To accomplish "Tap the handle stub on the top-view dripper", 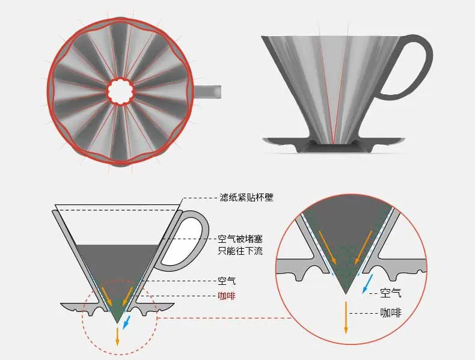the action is tap(207, 92).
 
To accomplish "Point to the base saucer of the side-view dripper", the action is tap(333, 144).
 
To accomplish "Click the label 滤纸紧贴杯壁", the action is tap(247, 197).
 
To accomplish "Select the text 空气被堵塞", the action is tap(240, 239).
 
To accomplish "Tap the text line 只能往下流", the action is tap(240, 251).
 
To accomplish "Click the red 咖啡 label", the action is tap(227, 296).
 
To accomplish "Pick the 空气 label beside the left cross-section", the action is tap(227, 281).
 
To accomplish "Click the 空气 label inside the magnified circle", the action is tap(390, 293).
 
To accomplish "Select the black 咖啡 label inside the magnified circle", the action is tap(390, 313).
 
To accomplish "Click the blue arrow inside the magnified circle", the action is tap(367, 284).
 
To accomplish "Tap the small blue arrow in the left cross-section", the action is tap(127, 323).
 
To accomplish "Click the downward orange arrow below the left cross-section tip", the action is tap(117, 336).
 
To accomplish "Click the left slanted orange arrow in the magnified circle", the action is tap(328, 248).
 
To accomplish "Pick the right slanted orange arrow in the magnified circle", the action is tap(364, 248).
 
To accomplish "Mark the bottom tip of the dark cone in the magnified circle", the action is tap(346, 294).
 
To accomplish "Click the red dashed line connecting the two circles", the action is tap(225, 318).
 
